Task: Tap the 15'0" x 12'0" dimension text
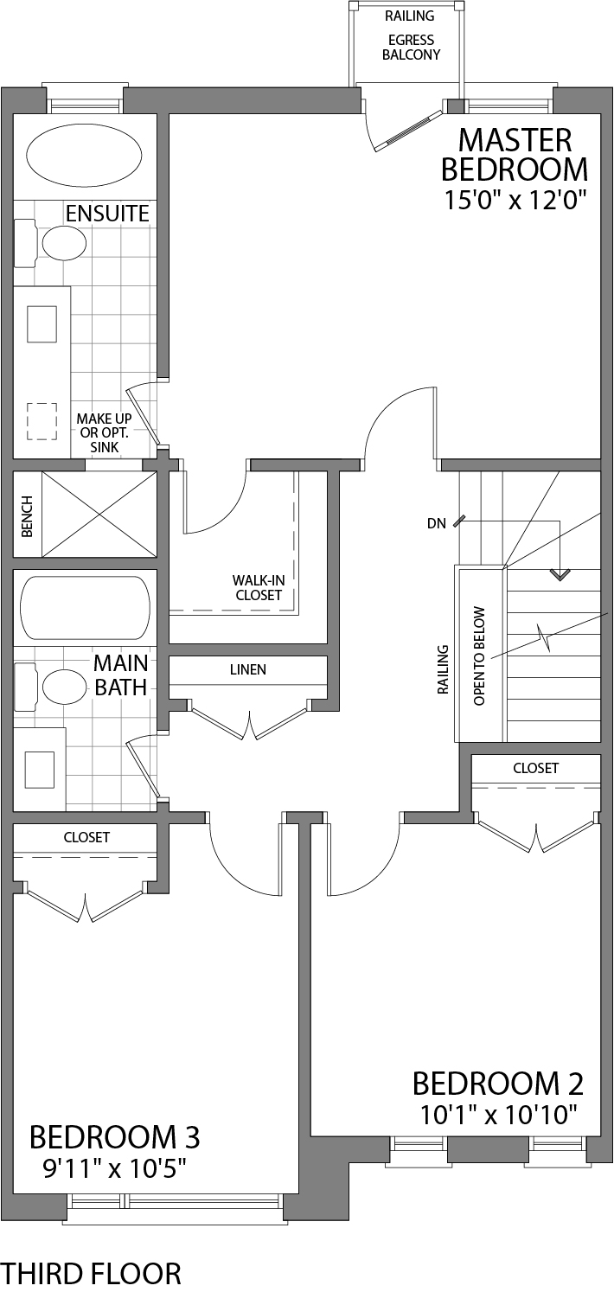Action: (x=516, y=201)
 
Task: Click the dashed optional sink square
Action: (x=41, y=421)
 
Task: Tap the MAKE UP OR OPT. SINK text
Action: (x=105, y=433)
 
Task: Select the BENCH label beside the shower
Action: (x=27, y=516)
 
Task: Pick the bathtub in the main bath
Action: (x=85, y=609)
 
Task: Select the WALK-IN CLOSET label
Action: (x=257, y=588)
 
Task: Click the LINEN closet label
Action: (x=247, y=669)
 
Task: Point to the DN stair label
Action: (x=438, y=523)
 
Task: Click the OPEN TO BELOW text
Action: (x=480, y=655)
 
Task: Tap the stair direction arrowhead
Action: (x=561, y=573)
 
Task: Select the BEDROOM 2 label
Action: (x=497, y=1084)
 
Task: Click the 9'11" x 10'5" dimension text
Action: (x=115, y=1168)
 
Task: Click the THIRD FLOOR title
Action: (x=92, y=1273)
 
